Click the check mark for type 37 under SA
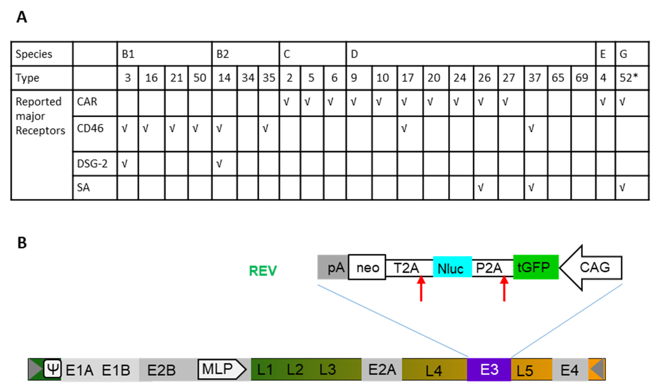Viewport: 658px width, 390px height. (531, 188)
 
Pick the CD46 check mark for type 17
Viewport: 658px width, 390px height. (404, 128)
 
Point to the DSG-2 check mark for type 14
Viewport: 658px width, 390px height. (219, 164)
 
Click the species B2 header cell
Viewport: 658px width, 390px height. (245, 54)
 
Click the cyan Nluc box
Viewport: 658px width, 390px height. (452, 267)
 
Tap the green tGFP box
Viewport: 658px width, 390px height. (536, 267)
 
